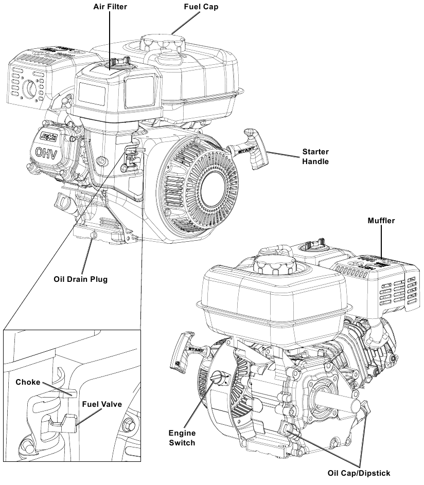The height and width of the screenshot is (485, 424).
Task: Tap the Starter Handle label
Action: click(x=315, y=157)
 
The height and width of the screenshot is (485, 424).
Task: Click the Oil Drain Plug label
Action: click(x=81, y=280)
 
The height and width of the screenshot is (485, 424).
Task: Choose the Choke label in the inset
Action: click(x=27, y=382)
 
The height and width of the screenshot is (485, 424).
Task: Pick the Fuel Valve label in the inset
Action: click(x=102, y=404)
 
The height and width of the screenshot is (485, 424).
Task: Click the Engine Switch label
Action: click(x=182, y=438)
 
